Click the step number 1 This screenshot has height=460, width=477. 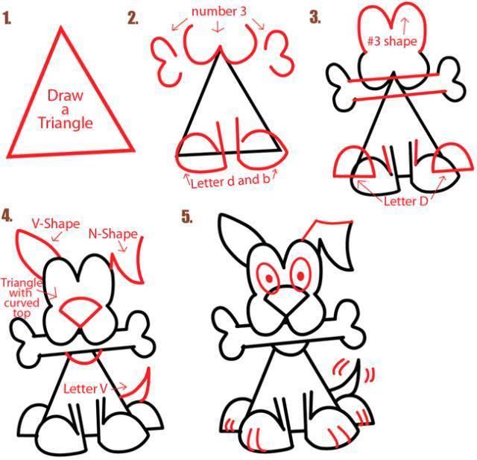7,19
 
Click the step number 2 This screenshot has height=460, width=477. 133,18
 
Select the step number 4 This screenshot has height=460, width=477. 7,215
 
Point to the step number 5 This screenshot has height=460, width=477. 187,217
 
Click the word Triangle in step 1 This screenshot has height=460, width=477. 66,123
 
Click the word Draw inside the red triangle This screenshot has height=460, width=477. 66,95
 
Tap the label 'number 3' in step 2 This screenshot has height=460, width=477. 218,12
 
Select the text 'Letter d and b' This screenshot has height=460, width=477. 230,181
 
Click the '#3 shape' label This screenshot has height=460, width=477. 392,41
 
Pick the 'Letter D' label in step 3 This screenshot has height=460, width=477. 406,201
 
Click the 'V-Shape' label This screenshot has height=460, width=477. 56,224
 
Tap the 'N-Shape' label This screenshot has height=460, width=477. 113,234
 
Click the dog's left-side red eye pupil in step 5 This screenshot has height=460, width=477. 269,278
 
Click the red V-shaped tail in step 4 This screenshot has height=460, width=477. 141,387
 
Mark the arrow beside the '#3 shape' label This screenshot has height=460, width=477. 405,26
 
